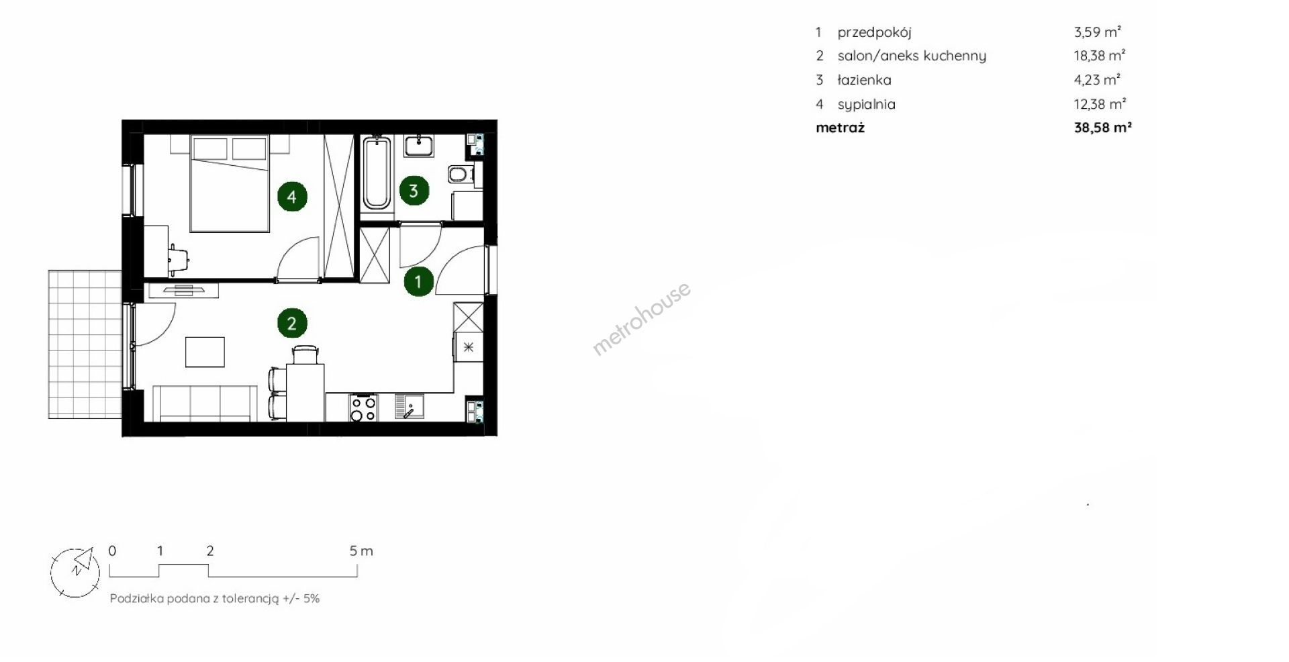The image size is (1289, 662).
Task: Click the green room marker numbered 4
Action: tap(291, 197)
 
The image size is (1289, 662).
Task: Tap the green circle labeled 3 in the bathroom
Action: tap(414, 191)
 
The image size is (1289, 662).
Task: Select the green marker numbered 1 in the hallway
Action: tap(418, 282)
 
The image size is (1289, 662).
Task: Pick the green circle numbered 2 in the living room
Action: tap(292, 324)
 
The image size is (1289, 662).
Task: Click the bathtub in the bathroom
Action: tap(376, 172)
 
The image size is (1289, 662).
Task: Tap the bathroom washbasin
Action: tap(420, 145)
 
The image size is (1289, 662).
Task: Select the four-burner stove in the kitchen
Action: tap(363, 408)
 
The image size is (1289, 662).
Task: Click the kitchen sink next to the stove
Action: tap(408, 407)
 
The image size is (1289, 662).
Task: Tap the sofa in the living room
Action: tap(205, 403)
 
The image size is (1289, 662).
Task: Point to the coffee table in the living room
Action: tap(205, 352)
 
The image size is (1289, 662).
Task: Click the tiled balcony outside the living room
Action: tap(85, 344)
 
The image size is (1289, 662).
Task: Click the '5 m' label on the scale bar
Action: tap(361, 551)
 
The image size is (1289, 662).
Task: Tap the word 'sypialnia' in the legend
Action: tap(866, 104)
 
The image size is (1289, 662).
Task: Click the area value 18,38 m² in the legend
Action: tap(1100, 56)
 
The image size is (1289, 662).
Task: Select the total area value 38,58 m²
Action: tap(1103, 128)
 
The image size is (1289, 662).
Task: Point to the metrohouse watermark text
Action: tap(641, 318)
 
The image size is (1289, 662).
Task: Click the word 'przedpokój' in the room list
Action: tap(874, 32)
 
